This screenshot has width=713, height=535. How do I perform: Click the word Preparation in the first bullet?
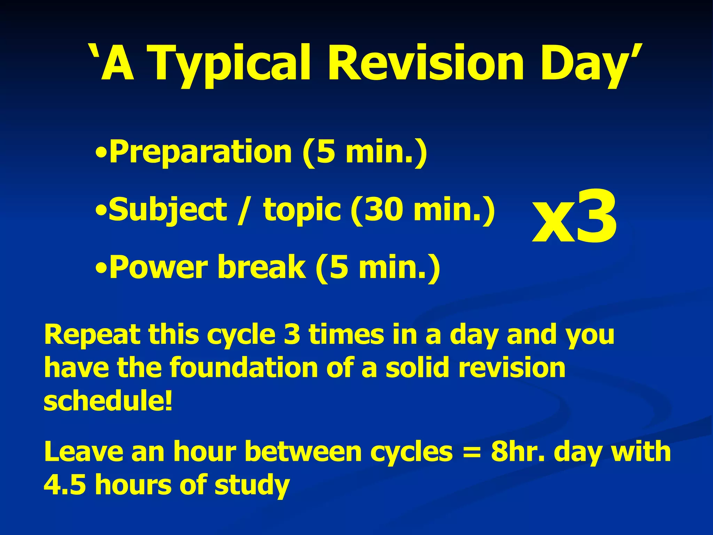(200, 152)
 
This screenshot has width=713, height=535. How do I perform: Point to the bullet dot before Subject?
(101, 211)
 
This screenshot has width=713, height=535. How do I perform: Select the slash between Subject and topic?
(244, 210)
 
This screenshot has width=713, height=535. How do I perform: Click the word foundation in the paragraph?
(244, 368)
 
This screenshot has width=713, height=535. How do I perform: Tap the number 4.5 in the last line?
(65, 485)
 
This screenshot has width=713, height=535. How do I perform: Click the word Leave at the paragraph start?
(84, 452)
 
